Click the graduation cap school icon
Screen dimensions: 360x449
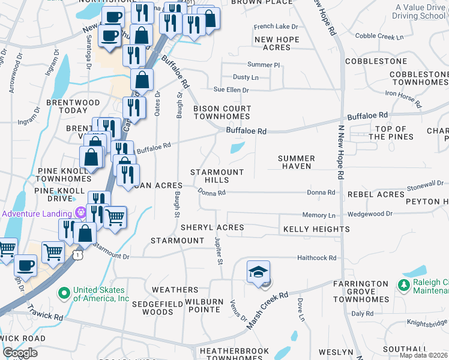click(x=258, y=272)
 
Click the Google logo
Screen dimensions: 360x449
click(x=20, y=353)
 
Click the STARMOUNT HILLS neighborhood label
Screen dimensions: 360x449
click(x=217, y=176)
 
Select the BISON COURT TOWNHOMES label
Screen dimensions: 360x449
click(x=221, y=112)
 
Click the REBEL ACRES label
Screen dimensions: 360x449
click(x=375, y=194)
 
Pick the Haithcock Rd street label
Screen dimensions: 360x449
click(x=316, y=258)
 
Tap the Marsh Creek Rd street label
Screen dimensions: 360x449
click(x=268, y=311)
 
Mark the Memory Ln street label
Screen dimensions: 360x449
click(x=319, y=215)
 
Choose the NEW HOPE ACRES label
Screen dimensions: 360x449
click(x=277, y=43)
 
